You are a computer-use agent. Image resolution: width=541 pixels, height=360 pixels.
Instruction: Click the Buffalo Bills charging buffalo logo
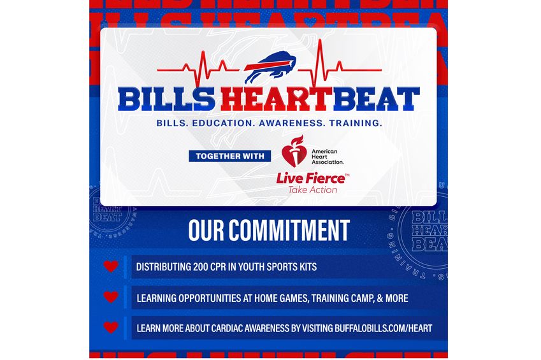pos(270,68)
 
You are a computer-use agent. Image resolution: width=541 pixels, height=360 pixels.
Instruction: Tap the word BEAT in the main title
pos(379,99)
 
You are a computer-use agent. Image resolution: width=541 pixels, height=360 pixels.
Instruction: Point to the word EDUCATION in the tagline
pos(218,123)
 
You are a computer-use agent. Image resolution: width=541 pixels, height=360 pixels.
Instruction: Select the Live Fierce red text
pos(310,178)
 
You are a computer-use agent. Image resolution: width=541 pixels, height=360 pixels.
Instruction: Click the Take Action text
pos(312,189)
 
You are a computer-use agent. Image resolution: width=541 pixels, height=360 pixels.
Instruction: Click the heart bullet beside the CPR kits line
pos(111,266)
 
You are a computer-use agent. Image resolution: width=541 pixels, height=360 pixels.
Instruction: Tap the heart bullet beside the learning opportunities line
pos(111,297)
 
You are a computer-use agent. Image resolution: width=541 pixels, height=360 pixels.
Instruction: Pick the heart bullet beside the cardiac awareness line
pos(111,328)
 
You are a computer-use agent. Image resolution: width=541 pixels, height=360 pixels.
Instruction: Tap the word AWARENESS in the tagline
pos(287,123)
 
